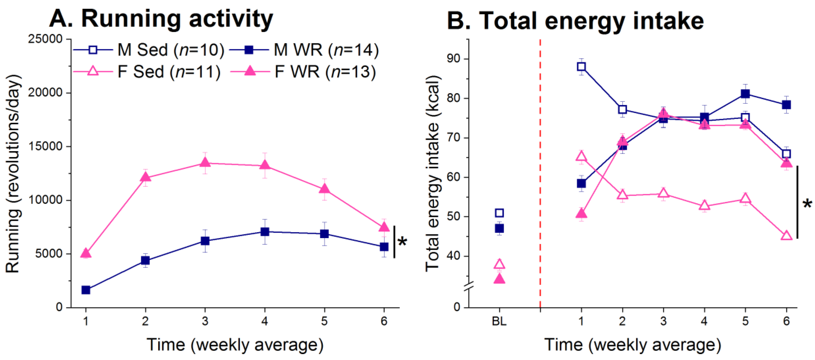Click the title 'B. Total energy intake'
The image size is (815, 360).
tap(575, 21)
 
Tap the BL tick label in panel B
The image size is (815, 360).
tap(499, 321)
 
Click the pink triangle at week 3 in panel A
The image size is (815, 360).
tap(205, 163)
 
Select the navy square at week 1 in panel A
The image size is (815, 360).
tap(86, 290)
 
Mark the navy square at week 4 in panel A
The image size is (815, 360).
tap(265, 232)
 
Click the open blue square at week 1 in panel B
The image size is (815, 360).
tap(581, 66)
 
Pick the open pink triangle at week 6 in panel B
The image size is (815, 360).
tap(786, 236)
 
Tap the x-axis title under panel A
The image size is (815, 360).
tap(235, 345)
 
